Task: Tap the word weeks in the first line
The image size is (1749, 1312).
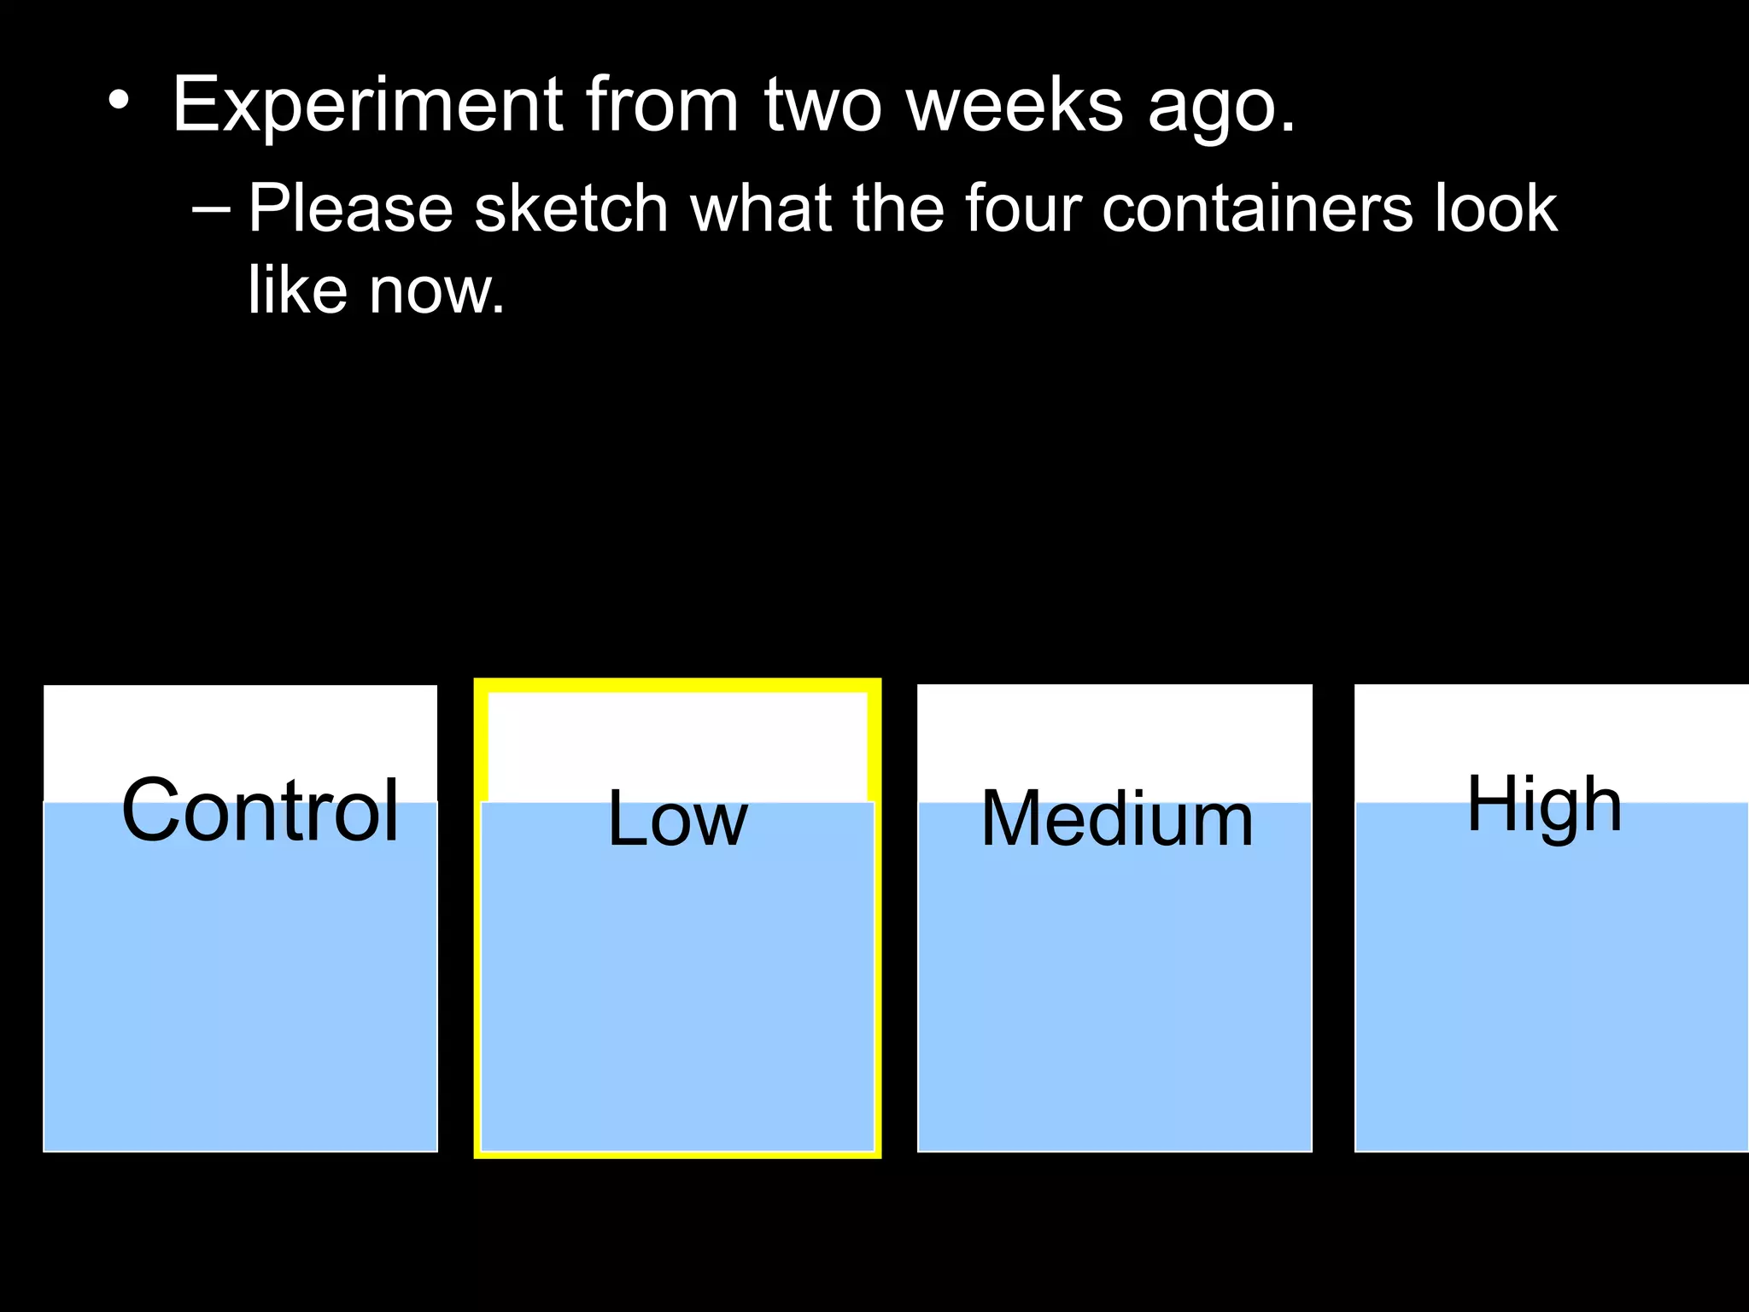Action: tap(1014, 106)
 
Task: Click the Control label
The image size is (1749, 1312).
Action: tap(260, 810)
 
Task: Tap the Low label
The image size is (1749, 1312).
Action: tap(677, 818)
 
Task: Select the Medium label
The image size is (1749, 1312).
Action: tap(1117, 818)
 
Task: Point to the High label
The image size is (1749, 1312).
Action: tap(1544, 805)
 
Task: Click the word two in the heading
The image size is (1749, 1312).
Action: tap(822, 106)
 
